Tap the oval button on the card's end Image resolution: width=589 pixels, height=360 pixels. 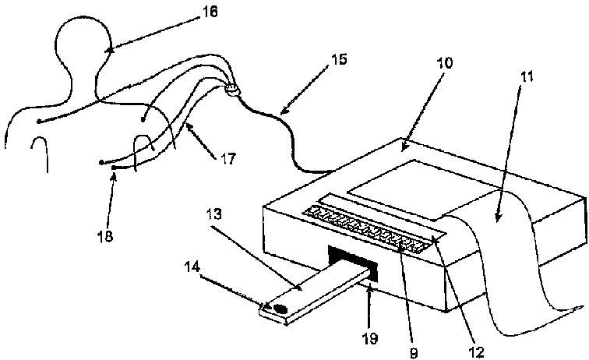[x=277, y=309]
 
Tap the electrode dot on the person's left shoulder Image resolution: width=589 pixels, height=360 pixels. [x=38, y=121]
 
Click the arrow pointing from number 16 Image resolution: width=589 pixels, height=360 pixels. [x=148, y=31]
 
